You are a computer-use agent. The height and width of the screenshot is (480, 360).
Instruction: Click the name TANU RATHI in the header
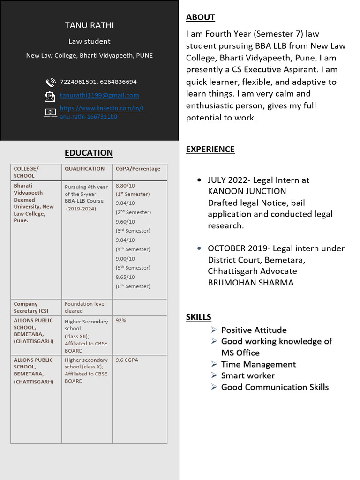(x=89, y=25)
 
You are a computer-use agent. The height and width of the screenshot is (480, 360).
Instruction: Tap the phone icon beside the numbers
(x=50, y=82)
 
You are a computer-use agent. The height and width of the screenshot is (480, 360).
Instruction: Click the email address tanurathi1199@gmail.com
(x=99, y=95)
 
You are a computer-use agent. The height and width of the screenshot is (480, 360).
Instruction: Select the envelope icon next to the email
(x=50, y=97)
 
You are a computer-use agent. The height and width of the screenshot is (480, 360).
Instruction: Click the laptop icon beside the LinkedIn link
(x=50, y=112)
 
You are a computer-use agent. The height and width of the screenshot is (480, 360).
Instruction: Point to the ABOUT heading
(x=200, y=17)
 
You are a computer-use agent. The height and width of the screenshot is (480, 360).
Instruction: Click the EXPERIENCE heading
(x=210, y=149)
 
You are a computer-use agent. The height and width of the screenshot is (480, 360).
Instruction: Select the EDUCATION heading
(x=89, y=153)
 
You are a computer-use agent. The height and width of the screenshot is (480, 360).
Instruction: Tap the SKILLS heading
(x=198, y=317)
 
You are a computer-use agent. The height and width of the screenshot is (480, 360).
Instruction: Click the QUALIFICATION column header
(x=85, y=169)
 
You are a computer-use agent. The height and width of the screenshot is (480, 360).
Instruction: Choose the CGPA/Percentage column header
(x=138, y=169)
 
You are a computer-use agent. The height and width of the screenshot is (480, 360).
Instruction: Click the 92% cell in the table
(x=121, y=321)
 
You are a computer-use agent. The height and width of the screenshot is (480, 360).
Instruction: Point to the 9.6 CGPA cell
(x=127, y=360)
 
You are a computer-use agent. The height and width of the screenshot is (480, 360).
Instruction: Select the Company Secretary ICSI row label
(x=31, y=307)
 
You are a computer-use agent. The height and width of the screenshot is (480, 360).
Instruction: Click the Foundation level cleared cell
(x=85, y=307)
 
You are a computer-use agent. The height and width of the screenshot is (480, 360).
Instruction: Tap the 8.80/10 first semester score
(x=125, y=186)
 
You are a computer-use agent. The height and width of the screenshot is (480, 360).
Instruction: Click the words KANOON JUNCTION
(x=247, y=191)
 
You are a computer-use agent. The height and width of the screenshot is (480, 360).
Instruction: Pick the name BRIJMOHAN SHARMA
(x=251, y=283)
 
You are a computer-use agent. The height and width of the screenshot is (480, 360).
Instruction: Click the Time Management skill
(x=258, y=364)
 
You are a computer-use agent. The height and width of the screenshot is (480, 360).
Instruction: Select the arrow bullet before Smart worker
(x=214, y=375)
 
